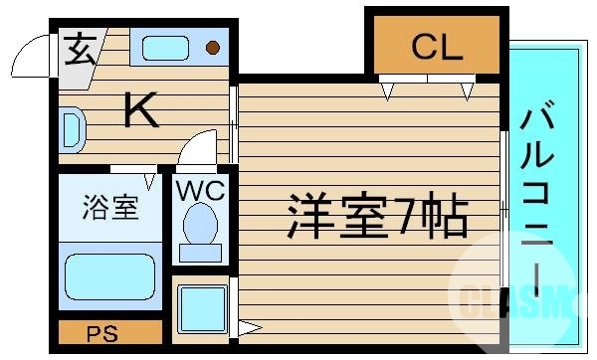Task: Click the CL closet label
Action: tap(438, 47)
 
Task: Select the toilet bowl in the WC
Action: tap(203, 227)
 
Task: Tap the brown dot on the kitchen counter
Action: tap(212, 47)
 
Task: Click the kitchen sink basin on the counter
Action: tap(164, 47)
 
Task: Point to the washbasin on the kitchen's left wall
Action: tap(71, 128)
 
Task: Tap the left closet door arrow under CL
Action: tap(388, 93)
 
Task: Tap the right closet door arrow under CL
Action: tap(467, 93)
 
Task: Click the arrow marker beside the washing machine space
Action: tap(248, 326)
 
